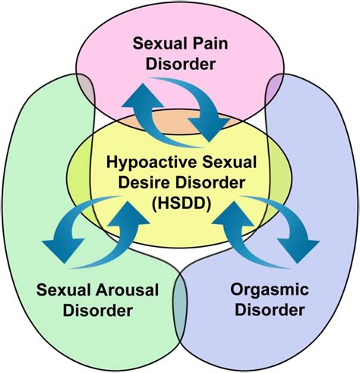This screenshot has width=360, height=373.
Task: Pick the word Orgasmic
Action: click(265, 289)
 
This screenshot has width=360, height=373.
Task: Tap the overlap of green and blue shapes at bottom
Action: click(180, 292)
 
